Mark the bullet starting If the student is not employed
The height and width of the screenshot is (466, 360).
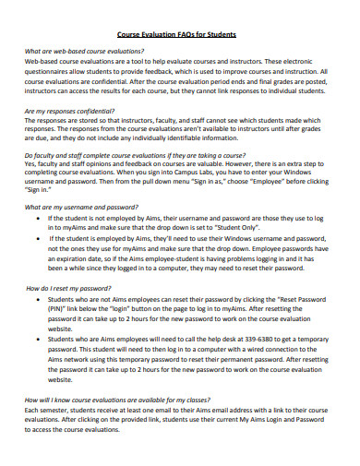(x=37, y=218)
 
